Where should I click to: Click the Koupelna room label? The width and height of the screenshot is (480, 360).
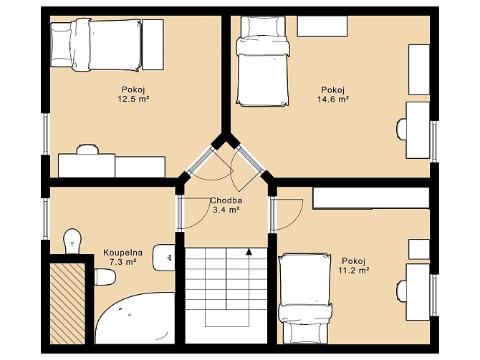123,253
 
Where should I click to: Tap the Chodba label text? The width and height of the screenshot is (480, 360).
226,200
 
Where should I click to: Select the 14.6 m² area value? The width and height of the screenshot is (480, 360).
333,99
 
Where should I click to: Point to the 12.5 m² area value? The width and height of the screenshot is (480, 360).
133,99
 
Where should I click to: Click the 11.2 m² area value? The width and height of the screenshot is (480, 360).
354,271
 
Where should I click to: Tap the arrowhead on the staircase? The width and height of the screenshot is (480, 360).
249,251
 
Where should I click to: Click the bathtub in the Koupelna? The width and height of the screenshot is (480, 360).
135,318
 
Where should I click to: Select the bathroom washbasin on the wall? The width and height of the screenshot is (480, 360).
164,258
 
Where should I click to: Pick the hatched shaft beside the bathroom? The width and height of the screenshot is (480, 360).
67,303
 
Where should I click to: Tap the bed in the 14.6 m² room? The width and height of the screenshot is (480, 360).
263,61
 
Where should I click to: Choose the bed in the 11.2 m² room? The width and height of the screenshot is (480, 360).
305,298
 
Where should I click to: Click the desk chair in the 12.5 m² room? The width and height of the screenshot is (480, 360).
87,149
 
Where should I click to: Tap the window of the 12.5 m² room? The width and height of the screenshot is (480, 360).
46,134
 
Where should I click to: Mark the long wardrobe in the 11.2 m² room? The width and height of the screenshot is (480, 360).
371,198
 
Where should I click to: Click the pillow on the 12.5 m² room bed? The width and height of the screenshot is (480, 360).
61,45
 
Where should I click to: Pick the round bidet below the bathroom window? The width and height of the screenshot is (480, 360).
72,240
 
